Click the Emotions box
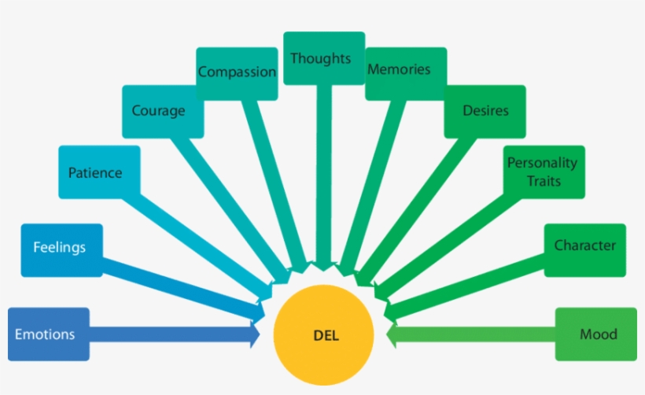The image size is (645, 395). (45, 334)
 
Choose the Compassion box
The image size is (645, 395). (237, 73)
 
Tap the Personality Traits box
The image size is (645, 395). (544, 172)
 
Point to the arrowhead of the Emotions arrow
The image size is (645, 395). (254, 334)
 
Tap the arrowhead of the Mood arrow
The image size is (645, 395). (393, 334)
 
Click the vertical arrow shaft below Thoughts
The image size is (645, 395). (324, 173)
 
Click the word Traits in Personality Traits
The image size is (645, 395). (544, 181)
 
